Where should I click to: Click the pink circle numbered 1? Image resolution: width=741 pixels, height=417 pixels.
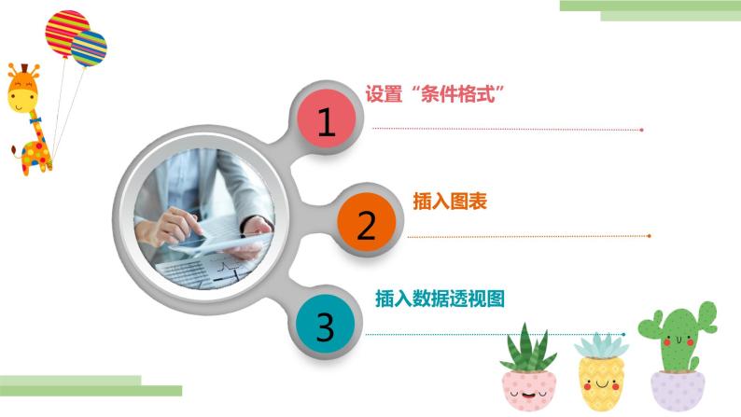coord(327,122)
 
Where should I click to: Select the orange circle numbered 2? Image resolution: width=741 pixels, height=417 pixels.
coord(366,225)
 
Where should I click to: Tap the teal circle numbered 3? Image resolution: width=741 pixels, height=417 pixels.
coord(325,327)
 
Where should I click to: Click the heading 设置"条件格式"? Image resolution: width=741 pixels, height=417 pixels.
coord(435,94)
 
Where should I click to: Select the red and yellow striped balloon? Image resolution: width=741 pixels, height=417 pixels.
coord(66,30)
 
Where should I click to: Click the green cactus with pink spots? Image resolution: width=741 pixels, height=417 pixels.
coord(677,336)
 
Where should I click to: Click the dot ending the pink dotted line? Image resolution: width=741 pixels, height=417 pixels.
coord(641,130)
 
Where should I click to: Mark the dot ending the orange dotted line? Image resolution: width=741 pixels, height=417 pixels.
coord(650,236)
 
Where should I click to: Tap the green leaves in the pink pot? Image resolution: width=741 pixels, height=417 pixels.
coord(528,348)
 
